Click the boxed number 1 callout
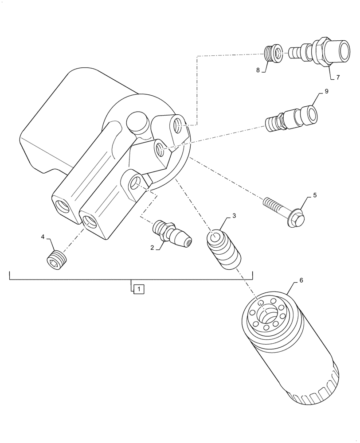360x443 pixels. (138, 289)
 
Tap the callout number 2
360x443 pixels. (152, 249)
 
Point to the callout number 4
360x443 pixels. (43, 237)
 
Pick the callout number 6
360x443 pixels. (301, 280)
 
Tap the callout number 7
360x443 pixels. (337, 78)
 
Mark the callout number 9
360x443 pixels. (326, 92)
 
